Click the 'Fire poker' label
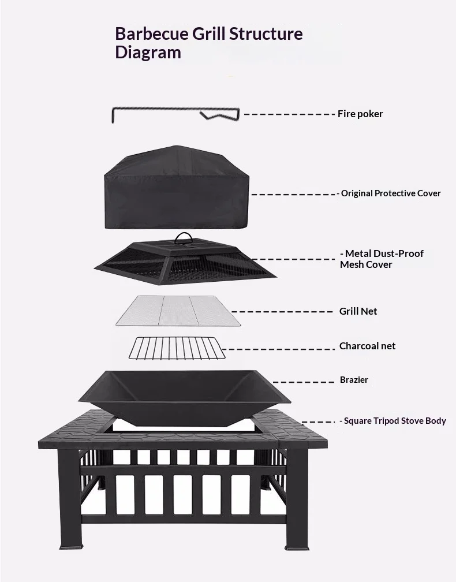coord(360,114)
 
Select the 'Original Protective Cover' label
coord(391,193)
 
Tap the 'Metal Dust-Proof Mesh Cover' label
coord(382,259)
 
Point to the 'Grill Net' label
coord(358,311)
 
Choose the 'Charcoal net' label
coord(367,346)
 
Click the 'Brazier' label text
coord(354,380)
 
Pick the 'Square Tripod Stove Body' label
coord(395,421)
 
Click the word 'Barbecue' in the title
coord(151,33)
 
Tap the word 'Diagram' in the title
coord(148,53)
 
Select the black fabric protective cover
coord(177,188)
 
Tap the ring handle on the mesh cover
coord(184,237)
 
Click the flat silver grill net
coord(178,311)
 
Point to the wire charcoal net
coord(177,348)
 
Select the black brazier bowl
coord(184,397)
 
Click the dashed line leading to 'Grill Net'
coord(282,312)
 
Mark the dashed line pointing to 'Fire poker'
coord(289,114)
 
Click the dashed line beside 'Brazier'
coord(304,382)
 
